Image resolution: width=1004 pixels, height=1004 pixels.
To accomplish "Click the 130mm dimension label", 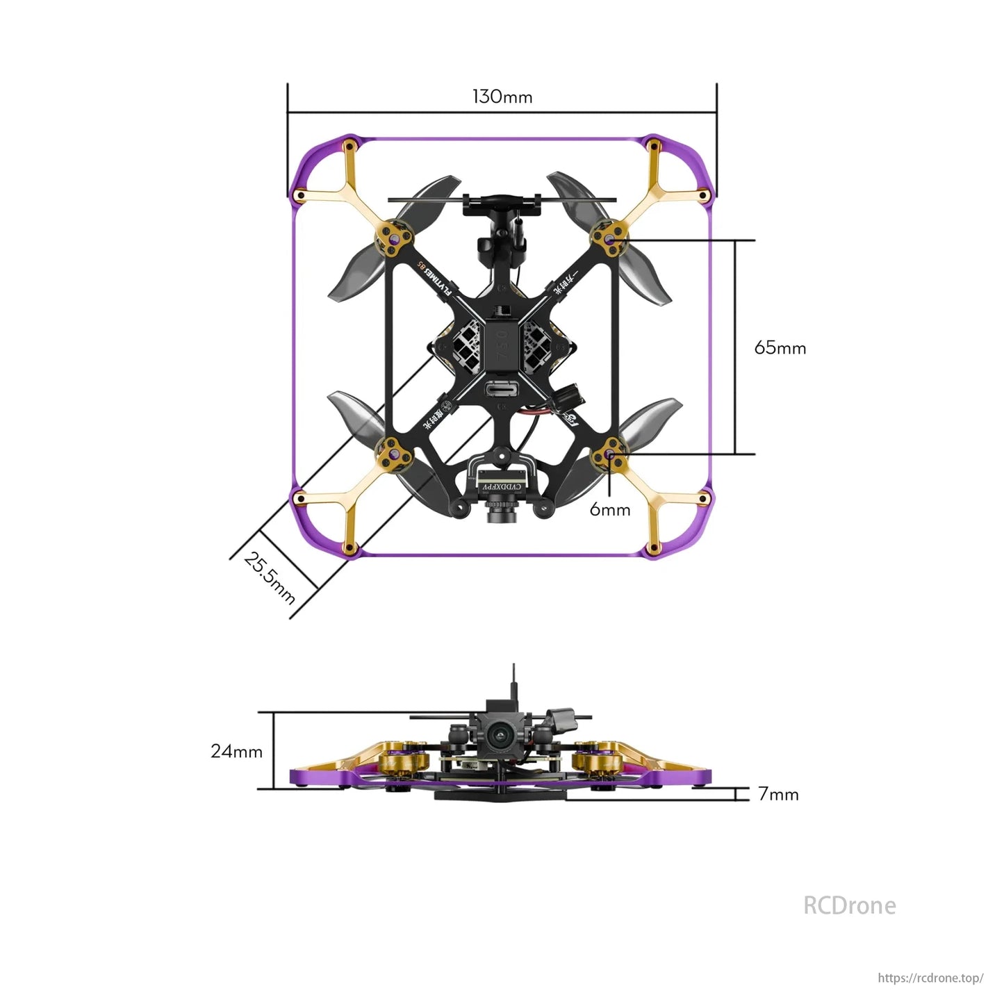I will coord(502,97).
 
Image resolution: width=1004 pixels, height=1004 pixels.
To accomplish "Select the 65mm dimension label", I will coord(780,347).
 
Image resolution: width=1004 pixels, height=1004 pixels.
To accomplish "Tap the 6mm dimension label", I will coord(609,509).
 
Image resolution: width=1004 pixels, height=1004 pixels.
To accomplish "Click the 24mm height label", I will coord(236,751).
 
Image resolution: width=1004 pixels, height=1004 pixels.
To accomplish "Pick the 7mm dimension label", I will coord(777,794).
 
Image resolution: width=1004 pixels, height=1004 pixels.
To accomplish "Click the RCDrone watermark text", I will coord(849,905).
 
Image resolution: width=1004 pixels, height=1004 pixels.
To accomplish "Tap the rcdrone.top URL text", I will coord(930,978).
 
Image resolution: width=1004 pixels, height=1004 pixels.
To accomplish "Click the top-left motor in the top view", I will coord(394,238).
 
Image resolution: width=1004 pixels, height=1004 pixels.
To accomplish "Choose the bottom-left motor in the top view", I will coord(394,455).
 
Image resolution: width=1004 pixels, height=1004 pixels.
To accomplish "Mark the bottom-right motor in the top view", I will coord(609,455).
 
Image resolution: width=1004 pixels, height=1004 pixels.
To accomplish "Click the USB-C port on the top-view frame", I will coord(502,391).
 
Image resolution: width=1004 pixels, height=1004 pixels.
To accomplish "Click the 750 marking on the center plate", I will coord(502,343).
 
